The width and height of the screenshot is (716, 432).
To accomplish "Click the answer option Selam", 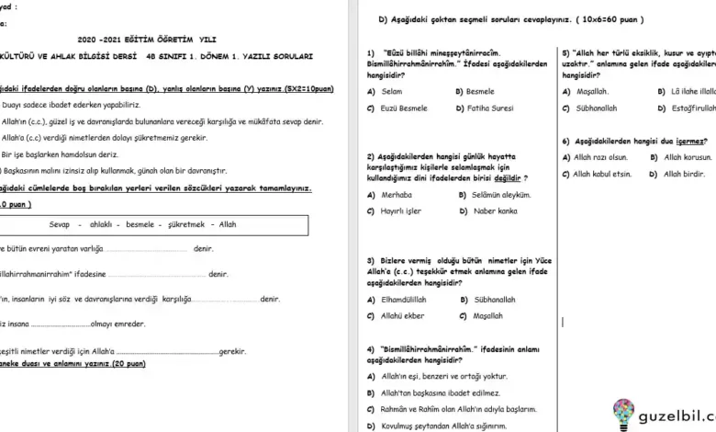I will pyautogui.click(x=392, y=92).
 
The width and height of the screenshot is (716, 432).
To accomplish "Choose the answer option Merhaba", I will pyautogui.click(x=397, y=194).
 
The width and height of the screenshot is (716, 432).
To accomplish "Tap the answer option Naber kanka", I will pyautogui.click(x=495, y=210).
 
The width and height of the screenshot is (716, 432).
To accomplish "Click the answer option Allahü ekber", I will pyautogui.click(x=402, y=315).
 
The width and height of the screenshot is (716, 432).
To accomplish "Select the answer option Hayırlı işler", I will pyautogui.click(x=401, y=210).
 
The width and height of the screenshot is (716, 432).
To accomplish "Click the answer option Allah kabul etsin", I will pyautogui.click(x=602, y=174).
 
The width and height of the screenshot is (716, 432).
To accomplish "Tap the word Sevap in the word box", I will pyautogui.click(x=60, y=224).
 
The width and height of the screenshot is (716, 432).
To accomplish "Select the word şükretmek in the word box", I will pyautogui.click(x=185, y=224).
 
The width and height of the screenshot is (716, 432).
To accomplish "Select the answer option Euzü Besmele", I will pyautogui.click(x=405, y=108).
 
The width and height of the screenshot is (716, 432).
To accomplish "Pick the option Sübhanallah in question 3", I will pyautogui.click(x=494, y=299).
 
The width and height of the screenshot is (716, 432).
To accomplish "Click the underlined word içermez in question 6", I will pyautogui.click(x=690, y=141).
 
